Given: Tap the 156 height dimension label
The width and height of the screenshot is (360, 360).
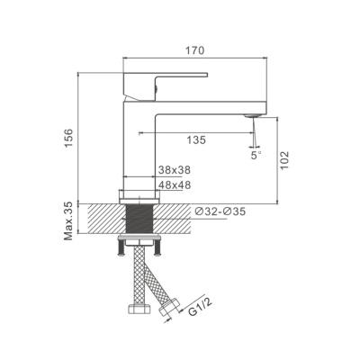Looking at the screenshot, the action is pyautogui.click(x=69, y=139).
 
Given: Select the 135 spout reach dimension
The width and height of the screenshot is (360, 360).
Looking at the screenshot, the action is pyautogui.click(x=196, y=139).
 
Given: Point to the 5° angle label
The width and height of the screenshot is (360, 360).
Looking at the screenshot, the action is pyautogui.click(x=256, y=156).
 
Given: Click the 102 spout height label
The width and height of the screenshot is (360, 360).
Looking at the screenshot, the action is pyautogui.click(x=284, y=160).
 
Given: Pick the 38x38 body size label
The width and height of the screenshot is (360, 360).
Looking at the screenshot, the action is pyautogui.click(x=175, y=170).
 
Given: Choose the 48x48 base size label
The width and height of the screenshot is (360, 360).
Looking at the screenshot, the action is pyautogui.click(x=175, y=185).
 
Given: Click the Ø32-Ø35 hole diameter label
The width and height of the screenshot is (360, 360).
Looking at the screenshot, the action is pyautogui.click(x=220, y=211).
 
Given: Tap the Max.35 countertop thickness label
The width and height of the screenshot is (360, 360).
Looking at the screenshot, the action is pyautogui.click(x=68, y=220).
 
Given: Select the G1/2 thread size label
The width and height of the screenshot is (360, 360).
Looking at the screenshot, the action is pyautogui.click(x=201, y=307).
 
